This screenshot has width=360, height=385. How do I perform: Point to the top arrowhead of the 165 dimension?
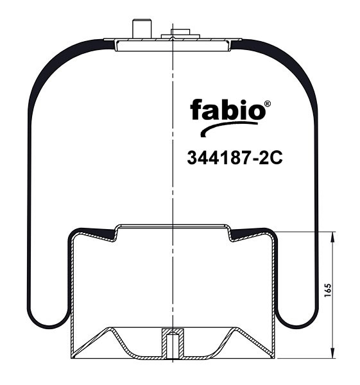(332, 237)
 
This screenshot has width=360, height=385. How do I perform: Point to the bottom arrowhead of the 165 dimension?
(332, 354)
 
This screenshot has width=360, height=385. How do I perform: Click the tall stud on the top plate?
(139, 30)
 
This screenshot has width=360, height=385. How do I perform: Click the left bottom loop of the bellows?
(47, 314)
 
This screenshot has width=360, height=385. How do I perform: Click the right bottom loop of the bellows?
(298, 314)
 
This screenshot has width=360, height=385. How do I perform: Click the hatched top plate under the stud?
(173, 43)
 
